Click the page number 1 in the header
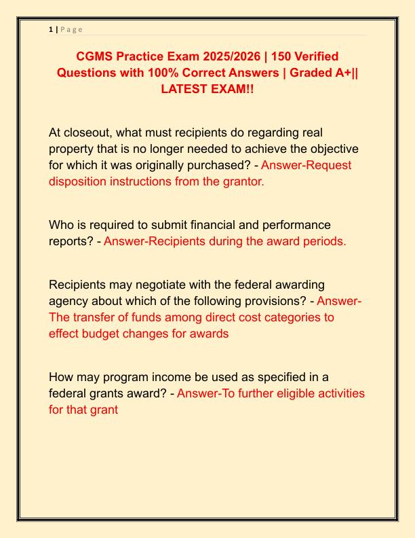click(51, 29)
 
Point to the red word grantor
click(241, 181)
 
